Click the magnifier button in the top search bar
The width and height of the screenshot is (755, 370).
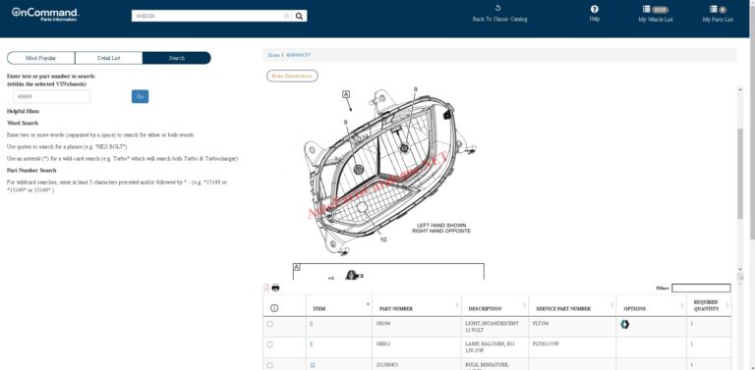[x=300, y=16]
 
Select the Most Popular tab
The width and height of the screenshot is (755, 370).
[x=40, y=58]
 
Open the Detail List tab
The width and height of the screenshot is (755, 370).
[x=108, y=58]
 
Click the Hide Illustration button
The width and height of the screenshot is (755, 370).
[x=292, y=76]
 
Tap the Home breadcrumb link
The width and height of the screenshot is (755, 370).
[x=274, y=55]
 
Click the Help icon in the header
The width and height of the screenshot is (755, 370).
[x=594, y=10]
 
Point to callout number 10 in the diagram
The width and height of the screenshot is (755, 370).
[x=383, y=239]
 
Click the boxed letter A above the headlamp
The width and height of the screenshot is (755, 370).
[x=346, y=94]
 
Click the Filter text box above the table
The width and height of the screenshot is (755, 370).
[x=701, y=288]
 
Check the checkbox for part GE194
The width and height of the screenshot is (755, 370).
[x=270, y=324]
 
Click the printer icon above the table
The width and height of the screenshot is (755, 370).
[x=276, y=288]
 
